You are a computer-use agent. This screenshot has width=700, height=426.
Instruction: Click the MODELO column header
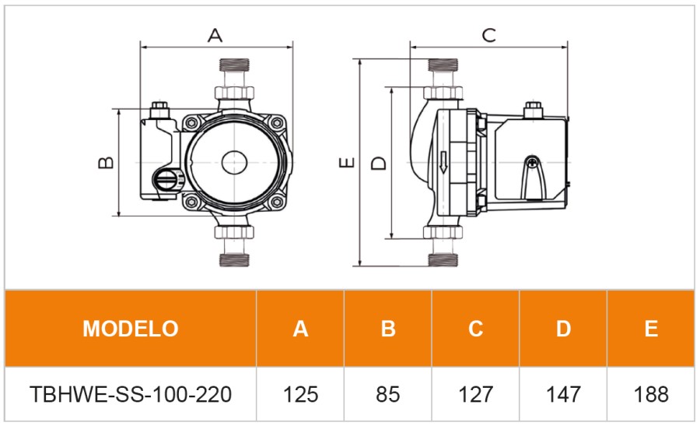click(x=131, y=328)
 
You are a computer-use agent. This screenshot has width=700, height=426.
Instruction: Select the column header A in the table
click(x=300, y=328)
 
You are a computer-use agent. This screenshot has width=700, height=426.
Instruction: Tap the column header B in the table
click(x=388, y=328)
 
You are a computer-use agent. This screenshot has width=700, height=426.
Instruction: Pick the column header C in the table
click(x=475, y=328)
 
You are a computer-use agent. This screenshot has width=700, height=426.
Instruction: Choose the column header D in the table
click(x=563, y=328)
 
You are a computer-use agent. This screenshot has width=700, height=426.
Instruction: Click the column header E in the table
click(x=651, y=328)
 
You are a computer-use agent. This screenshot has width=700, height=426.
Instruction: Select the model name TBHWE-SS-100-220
click(x=131, y=394)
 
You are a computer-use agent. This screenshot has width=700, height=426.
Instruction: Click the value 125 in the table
click(x=300, y=394)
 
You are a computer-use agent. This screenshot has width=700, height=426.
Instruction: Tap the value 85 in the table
click(x=388, y=394)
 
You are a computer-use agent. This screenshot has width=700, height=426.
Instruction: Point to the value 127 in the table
click(x=475, y=394)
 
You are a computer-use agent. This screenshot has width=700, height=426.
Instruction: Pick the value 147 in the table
click(x=563, y=394)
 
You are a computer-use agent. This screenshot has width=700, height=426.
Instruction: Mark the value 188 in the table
click(x=651, y=394)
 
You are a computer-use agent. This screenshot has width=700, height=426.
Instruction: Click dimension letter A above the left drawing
click(x=215, y=35)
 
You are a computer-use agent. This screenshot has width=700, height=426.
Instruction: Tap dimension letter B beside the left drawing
click(x=107, y=163)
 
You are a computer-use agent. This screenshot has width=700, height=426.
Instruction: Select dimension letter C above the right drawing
click(x=488, y=35)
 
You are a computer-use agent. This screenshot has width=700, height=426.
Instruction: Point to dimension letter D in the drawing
click(x=378, y=163)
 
